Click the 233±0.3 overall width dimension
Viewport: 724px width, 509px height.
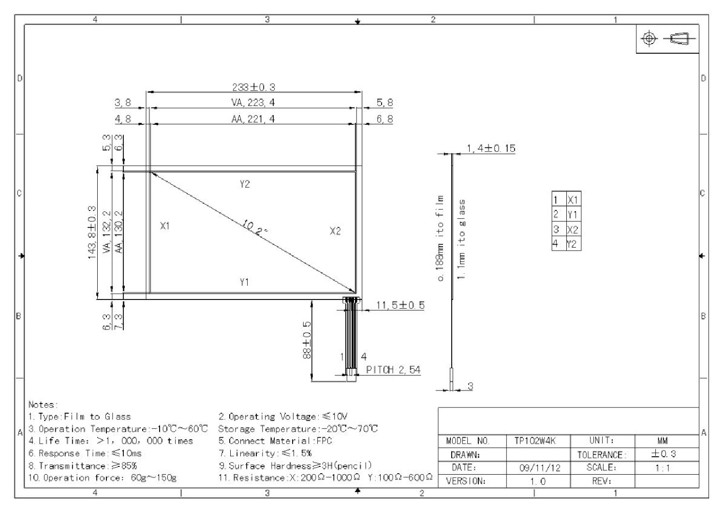pos(254,87)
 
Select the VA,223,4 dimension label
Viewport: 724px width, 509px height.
pos(253,103)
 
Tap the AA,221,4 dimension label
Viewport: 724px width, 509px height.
pos(253,119)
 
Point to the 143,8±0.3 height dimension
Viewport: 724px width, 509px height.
pos(92,232)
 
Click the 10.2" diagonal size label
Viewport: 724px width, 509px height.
pos(255,227)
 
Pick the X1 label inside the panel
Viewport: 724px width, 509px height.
pos(165,226)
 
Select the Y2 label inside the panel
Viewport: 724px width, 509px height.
pos(245,184)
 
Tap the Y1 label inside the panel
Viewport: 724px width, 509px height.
pos(244,282)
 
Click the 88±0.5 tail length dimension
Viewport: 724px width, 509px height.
pos(307,340)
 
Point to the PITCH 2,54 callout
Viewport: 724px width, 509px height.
pos(393,370)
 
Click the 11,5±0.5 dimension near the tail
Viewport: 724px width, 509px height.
pos(400,305)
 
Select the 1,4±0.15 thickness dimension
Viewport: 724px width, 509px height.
pos(491,149)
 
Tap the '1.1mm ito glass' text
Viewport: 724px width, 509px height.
pos(461,240)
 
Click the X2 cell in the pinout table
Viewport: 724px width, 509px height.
pos(573,230)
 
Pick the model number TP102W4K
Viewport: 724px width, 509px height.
pos(535,441)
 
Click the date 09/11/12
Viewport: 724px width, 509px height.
pos(540,468)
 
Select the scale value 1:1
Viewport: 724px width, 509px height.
pos(663,468)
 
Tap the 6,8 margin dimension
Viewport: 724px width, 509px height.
pos(384,119)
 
